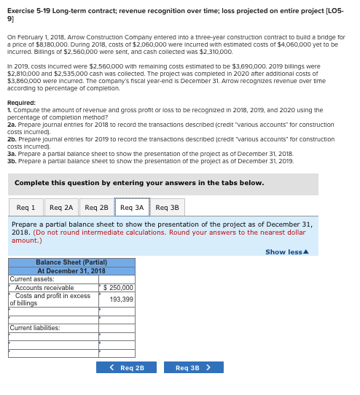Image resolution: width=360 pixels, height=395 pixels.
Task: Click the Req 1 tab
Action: tap(26, 208)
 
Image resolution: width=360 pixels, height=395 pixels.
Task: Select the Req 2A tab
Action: tap(62, 208)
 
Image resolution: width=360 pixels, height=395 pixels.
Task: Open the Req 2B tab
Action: tap(96, 208)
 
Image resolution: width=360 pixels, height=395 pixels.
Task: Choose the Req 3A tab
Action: tap(132, 208)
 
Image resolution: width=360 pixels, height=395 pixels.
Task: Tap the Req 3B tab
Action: tap(167, 208)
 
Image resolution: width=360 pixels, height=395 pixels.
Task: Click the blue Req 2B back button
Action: tap(126, 367)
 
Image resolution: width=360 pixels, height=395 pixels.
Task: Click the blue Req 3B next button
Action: tap(193, 367)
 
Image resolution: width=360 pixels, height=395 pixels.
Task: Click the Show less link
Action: tap(286, 252)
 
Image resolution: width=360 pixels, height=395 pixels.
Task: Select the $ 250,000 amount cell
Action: tap(117, 288)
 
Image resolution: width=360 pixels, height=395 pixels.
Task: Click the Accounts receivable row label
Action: tap(44, 288)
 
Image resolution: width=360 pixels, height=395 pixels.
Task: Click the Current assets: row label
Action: tap(32, 278)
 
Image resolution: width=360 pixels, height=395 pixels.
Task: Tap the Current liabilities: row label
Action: tap(35, 328)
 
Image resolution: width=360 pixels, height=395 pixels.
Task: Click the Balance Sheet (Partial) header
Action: tap(71, 262)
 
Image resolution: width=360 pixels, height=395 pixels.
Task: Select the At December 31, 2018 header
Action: tap(71, 270)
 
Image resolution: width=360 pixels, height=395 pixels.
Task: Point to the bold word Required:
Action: tap(21, 103)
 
